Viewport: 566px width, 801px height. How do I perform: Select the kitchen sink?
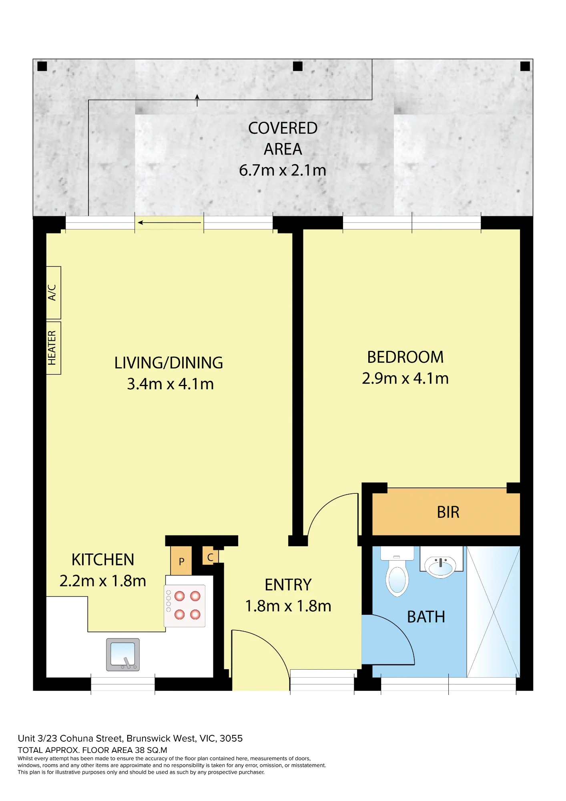(123, 654)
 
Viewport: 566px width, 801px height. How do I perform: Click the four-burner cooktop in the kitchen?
(185, 606)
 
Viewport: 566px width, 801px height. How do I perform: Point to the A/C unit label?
(52, 292)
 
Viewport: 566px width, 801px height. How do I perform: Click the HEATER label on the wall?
(52, 348)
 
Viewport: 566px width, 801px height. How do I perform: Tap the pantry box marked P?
(181, 561)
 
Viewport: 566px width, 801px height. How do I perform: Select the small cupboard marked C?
(210, 557)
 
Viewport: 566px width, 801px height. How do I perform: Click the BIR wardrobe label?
(448, 512)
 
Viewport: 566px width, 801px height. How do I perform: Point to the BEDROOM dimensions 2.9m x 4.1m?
(405, 378)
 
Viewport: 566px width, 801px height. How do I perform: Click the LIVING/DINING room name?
(169, 363)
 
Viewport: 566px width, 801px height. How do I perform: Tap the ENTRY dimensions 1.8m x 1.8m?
(288, 606)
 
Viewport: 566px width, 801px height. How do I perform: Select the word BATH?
(426, 617)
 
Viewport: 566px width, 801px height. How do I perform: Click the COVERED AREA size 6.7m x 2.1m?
(283, 170)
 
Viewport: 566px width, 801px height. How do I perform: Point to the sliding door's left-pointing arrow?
(169, 223)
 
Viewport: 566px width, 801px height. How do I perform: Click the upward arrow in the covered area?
(197, 101)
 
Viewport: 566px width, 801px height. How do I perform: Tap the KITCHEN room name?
(103, 560)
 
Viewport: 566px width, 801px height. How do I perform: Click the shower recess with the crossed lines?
(493, 612)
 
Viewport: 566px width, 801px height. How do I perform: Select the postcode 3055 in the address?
(231, 738)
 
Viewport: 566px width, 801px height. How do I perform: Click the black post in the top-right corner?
(525, 66)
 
